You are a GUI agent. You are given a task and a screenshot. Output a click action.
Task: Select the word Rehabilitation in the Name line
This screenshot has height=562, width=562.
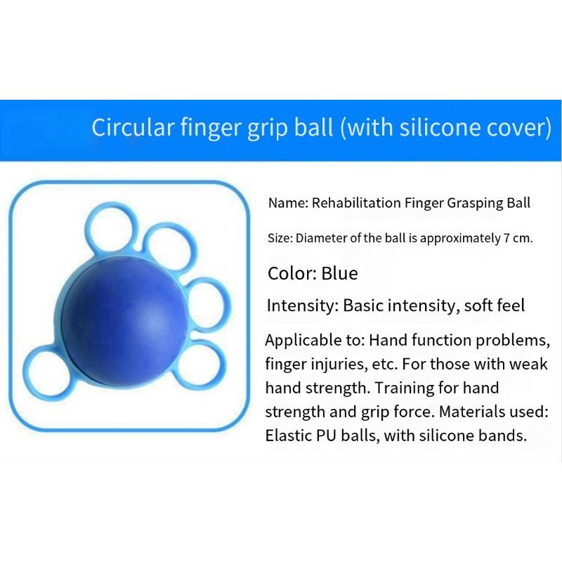(x=355, y=204)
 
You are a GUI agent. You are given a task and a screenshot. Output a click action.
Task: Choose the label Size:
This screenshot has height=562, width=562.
(x=280, y=238)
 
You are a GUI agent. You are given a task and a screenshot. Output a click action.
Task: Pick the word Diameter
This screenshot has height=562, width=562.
(x=320, y=238)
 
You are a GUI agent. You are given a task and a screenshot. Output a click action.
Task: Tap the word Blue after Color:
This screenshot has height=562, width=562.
(x=339, y=273)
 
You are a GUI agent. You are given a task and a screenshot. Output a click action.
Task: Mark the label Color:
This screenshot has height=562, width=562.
(x=291, y=273)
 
